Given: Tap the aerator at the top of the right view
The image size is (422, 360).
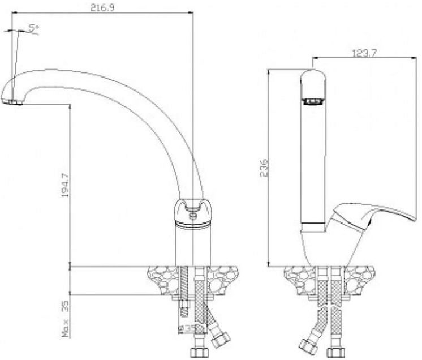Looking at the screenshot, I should [313, 102].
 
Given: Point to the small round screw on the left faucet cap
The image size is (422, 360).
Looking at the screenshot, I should [193, 214].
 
